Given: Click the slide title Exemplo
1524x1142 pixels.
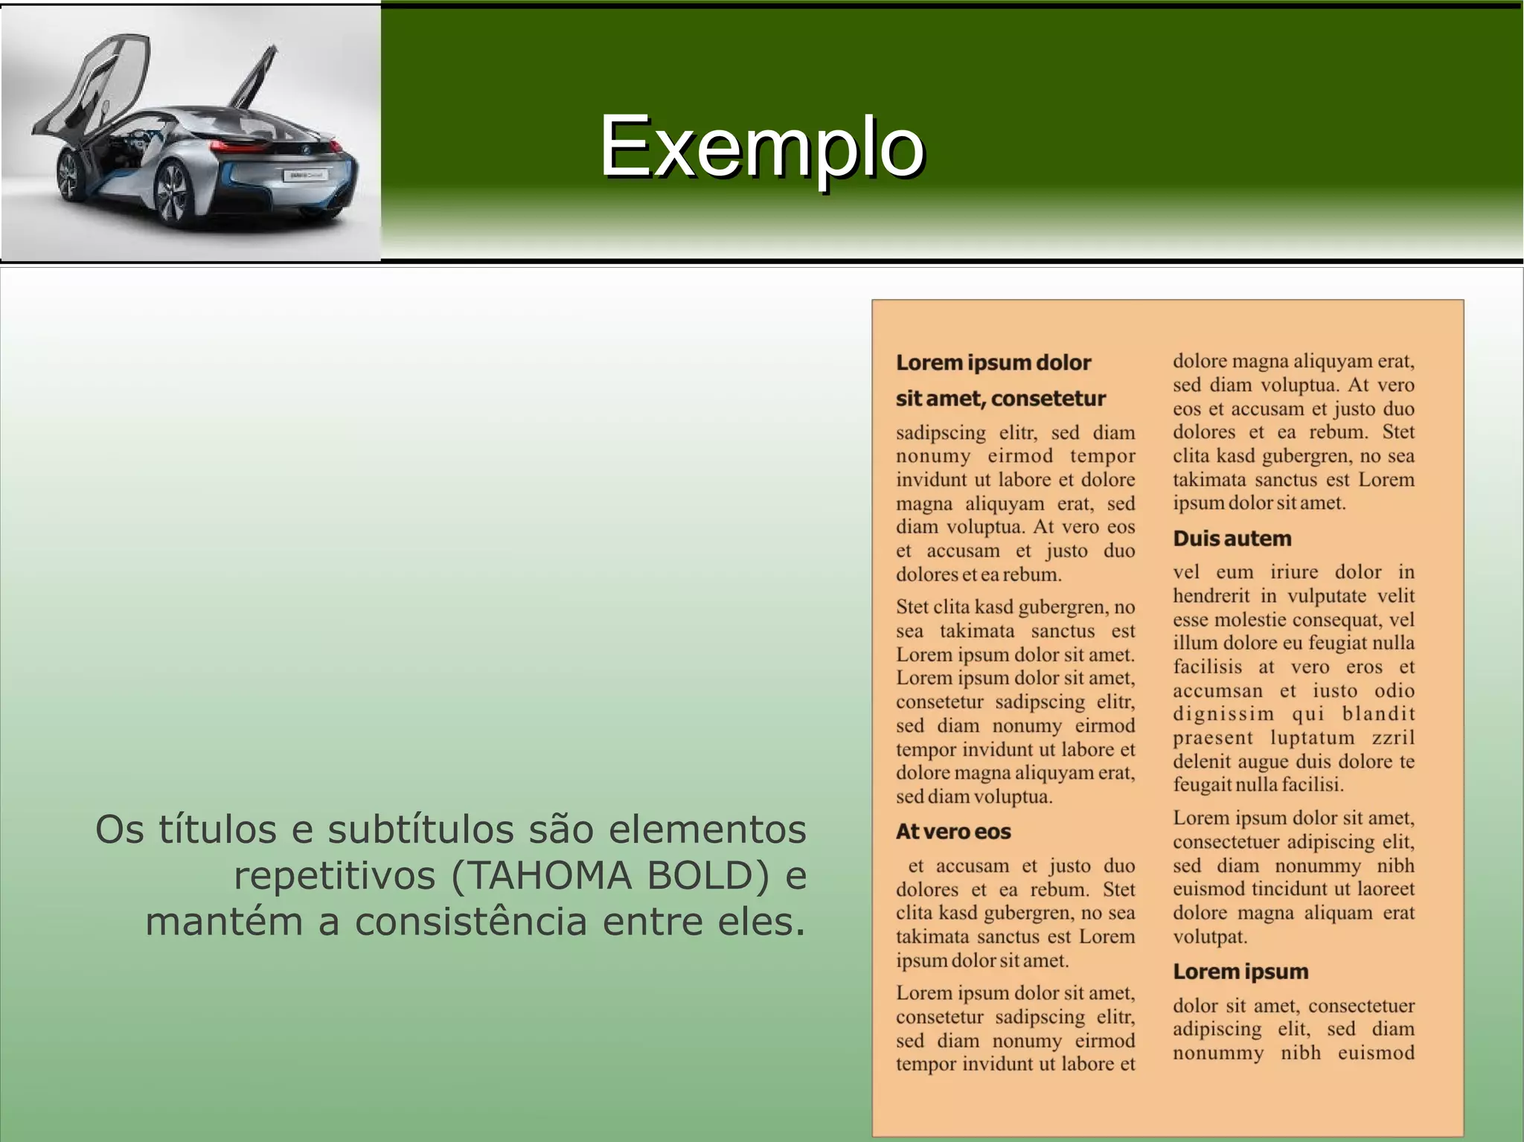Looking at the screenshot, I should pyautogui.click(x=761, y=147).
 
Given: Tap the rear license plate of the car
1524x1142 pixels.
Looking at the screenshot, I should pyautogui.click(x=305, y=175).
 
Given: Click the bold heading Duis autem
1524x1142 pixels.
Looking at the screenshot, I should pyautogui.click(x=1232, y=539).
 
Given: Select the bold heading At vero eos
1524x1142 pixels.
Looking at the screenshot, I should pyautogui.click(x=952, y=832).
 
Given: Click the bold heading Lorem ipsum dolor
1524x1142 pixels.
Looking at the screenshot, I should pyautogui.click(x=993, y=363).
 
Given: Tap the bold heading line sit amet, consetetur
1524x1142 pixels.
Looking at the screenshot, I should pyautogui.click(x=1000, y=399).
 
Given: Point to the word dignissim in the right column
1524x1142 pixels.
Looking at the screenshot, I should pyautogui.click(x=1223, y=714).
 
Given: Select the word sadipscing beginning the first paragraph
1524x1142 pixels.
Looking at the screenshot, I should pyautogui.click(x=941, y=433).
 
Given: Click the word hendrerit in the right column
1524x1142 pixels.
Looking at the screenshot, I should pyautogui.click(x=1211, y=596).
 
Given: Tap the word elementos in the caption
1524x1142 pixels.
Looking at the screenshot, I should pyautogui.click(x=707, y=830).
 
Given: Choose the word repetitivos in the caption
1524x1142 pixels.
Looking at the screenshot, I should pyautogui.click(x=334, y=876).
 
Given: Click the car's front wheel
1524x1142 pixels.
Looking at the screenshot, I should pyautogui.click(x=71, y=176).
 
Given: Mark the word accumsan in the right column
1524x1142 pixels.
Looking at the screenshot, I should pyautogui.click(x=1217, y=690).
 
